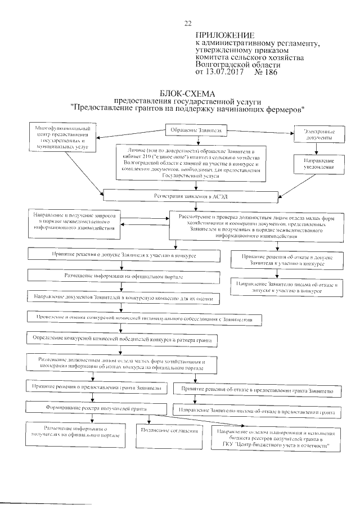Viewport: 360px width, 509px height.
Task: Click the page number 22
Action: point(188,23)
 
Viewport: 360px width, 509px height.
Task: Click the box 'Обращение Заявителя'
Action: point(196,131)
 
